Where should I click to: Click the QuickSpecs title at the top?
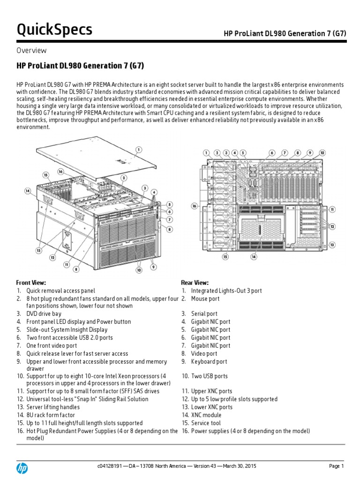[x=54, y=30]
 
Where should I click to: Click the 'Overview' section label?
[x=31, y=51]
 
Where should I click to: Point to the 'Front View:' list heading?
[x=31, y=283]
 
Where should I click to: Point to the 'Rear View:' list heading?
[x=195, y=283]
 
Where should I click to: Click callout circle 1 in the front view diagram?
[x=138, y=150]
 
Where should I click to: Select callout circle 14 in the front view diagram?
[x=28, y=191]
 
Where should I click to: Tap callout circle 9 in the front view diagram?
[x=153, y=267]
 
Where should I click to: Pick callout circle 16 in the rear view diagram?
[x=195, y=205]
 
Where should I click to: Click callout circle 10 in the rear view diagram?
[x=322, y=153]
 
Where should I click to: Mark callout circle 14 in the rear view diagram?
[x=254, y=257]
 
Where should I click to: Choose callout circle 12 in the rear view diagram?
[x=332, y=227]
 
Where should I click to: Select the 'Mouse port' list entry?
[x=205, y=299]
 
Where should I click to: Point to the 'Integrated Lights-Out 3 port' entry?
[x=226, y=291]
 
